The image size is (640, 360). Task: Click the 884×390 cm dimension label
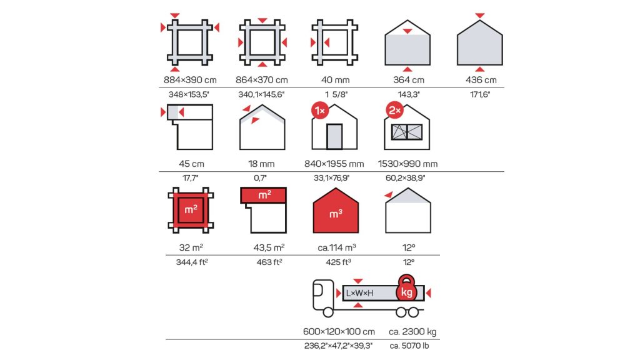[x=190, y=80]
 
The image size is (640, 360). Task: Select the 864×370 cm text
[x=262, y=80]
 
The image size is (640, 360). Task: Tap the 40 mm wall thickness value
[x=335, y=80]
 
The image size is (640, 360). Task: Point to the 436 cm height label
[x=481, y=80]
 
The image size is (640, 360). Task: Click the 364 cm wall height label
[x=409, y=80]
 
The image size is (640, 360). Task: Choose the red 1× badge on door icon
[x=320, y=111]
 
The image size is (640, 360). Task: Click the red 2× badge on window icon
[x=395, y=110]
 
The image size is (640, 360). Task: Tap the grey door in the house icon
[x=335, y=137]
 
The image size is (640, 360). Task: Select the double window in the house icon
[x=407, y=132]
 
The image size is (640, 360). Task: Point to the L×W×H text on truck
[x=359, y=293]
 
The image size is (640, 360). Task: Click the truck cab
[x=323, y=294]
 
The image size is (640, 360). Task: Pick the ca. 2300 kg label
[x=412, y=331]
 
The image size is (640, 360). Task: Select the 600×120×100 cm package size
[x=339, y=331]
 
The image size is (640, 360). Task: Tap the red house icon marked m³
[x=336, y=211]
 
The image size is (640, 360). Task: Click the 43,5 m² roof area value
[x=269, y=247]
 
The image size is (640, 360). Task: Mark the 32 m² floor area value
[x=191, y=247]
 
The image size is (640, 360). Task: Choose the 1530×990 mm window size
[x=407, y=164]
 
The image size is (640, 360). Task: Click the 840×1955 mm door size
[x=334, y=164]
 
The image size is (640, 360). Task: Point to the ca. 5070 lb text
[x=409, y=346]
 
